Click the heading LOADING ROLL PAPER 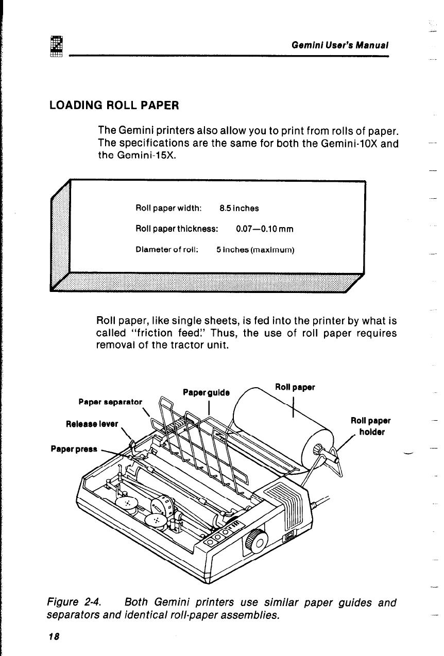[x=114, y=106]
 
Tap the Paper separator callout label [x=110, y=399]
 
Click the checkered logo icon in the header [x=56, y=45]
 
